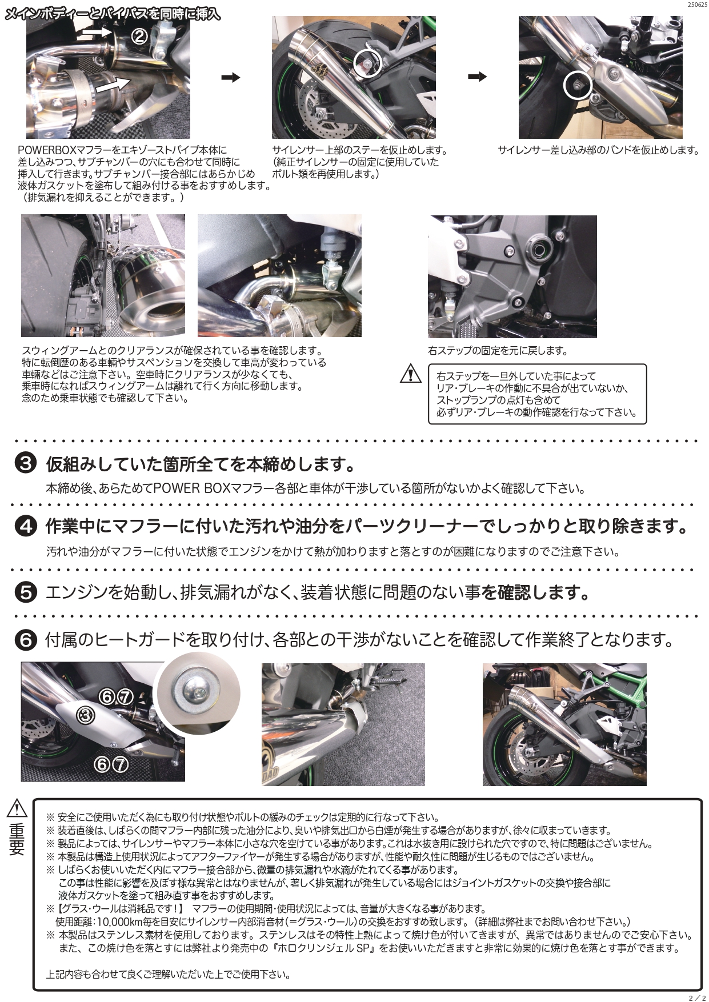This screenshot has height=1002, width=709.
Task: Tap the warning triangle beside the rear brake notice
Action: (410, 375)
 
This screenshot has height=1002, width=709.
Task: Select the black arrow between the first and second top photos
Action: (231, 78)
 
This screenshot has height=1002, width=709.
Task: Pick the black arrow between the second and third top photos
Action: (477, 78)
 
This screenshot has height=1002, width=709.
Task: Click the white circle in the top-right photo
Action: (576, 85)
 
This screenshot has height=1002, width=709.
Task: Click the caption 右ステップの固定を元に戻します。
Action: (497, 351)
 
